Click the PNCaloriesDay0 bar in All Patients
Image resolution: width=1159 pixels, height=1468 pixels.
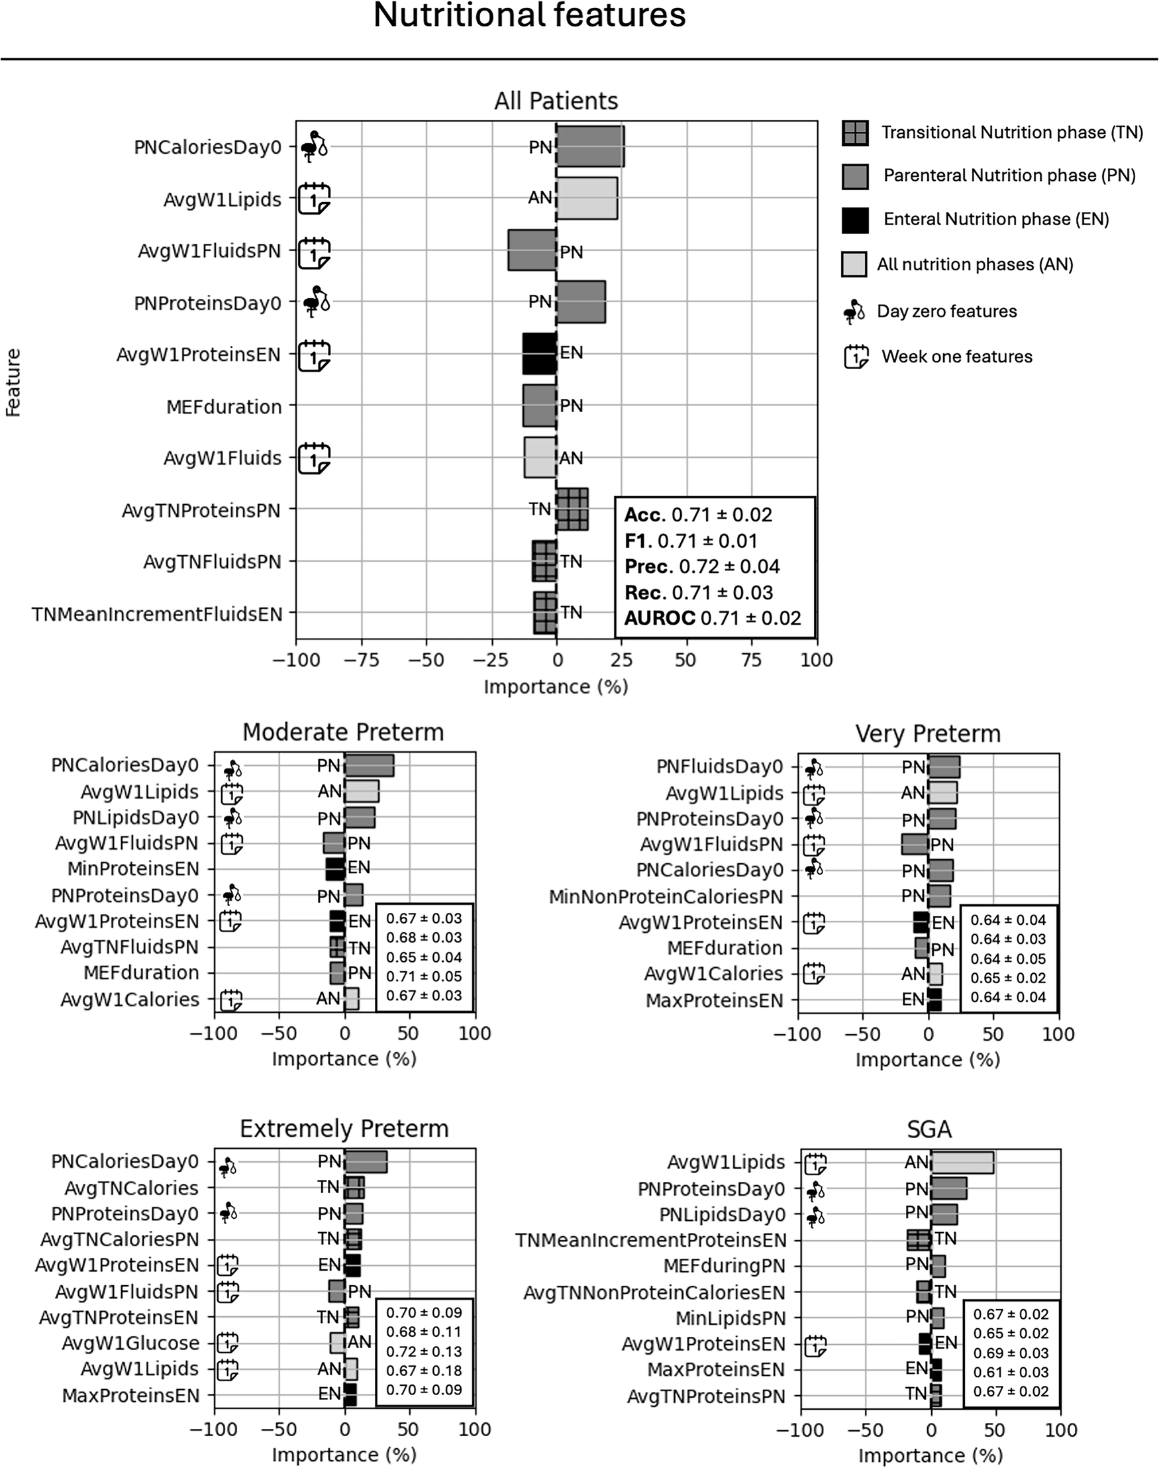pyautogui.click(x=589, y=146)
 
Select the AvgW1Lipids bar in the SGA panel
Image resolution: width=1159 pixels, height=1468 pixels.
pyautogui.click(x=962, y=1162)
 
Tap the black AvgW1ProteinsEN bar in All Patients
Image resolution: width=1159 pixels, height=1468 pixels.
pyautogui.click(x=540, y=354)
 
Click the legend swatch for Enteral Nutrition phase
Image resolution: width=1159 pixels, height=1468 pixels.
pyautogui.click(x=854, y=220)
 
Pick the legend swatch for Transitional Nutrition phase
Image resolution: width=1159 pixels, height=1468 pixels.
pyautogui.click(x=854, y=133)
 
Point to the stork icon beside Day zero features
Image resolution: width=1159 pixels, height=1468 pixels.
pyautogui.click(x=854, y=311)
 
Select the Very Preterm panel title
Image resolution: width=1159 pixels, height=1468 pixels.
pyautogui.click(x=928, y=733)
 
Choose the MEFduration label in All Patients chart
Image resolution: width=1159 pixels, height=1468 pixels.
pyautogui.click(x=224, y=407)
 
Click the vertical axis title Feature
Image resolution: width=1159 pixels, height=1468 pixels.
pyautogui.click(x=13, y=382)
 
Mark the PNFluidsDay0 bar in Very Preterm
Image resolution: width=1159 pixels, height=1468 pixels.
pyautogui.click(x=944, y=767)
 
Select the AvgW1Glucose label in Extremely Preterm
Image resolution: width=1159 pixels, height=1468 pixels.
pyautogui.click(x=130, y=1343)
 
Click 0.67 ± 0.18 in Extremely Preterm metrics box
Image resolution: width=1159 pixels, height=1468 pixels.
pyautogui.click(x=423, y=1370)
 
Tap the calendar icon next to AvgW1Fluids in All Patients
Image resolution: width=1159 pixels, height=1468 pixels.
pyautogui.click(x=313, y=458)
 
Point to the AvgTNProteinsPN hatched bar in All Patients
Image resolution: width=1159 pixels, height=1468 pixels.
pyautogui.click(x=572, y=509)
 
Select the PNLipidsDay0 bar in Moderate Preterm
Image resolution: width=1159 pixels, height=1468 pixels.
pyautogui.click(x=360, y=818)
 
